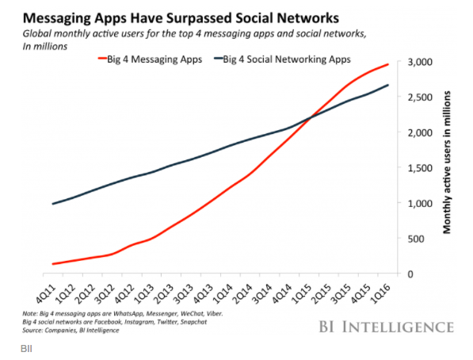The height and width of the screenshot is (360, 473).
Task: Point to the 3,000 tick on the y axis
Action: [419, 63]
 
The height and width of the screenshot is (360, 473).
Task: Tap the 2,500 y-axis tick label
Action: [419, 98]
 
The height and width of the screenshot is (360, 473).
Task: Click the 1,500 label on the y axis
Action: [419, 168]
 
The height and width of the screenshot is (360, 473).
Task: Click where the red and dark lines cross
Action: [311, 117]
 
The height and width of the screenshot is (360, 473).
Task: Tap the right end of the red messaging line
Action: [388, 64]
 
